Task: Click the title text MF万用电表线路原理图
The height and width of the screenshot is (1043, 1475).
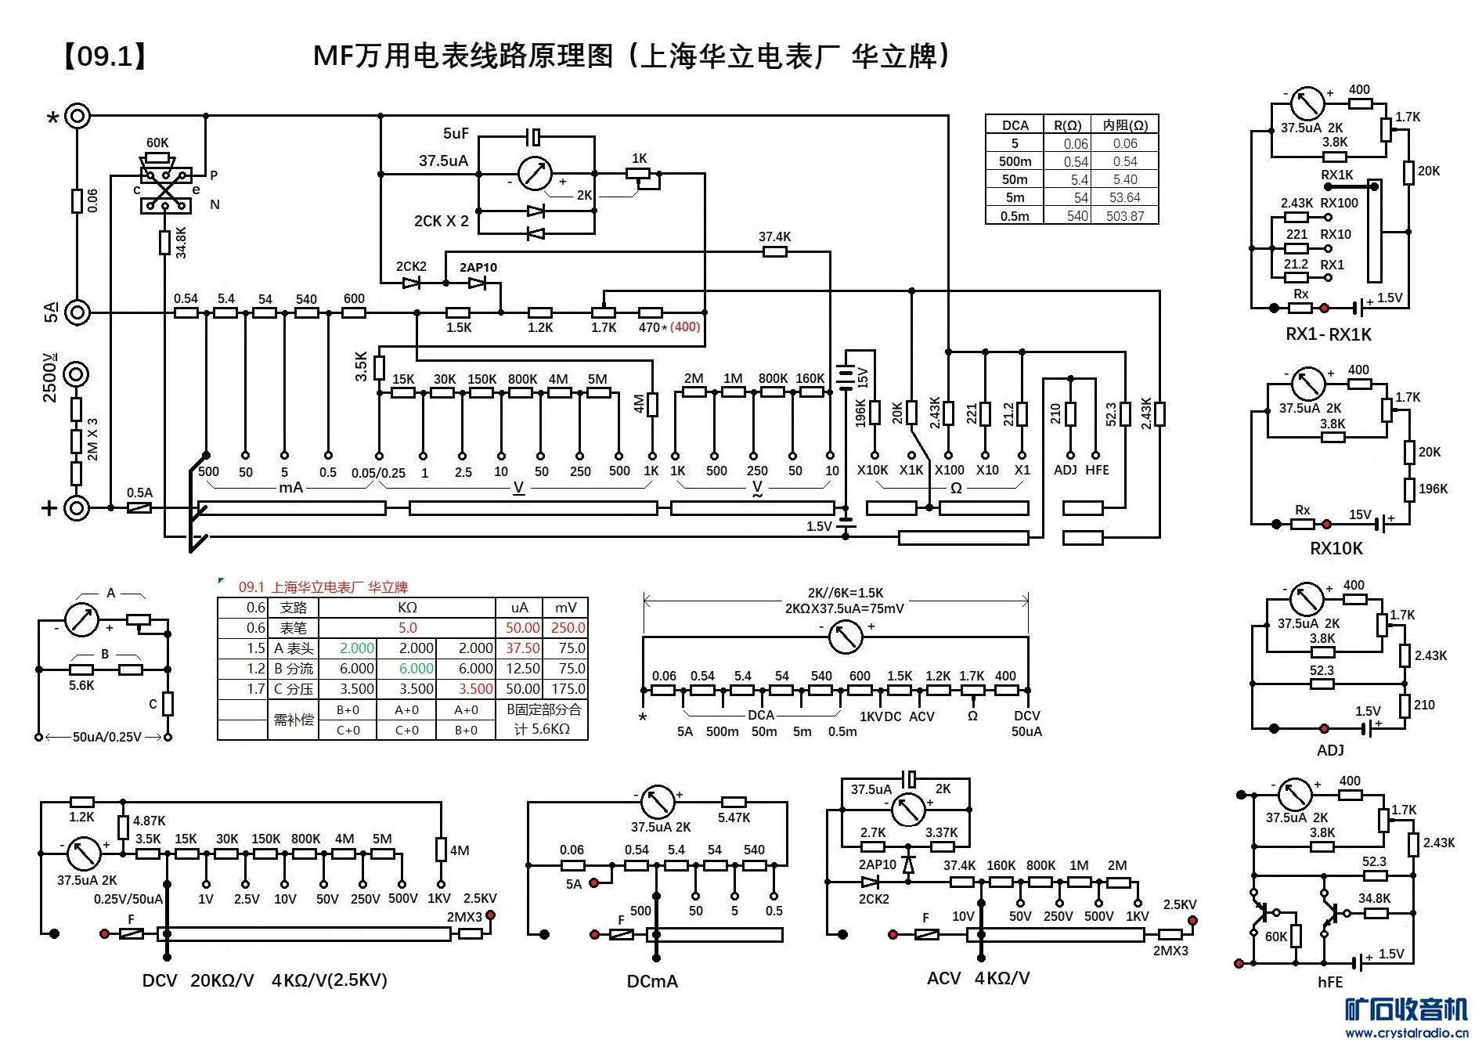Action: coord(462,56)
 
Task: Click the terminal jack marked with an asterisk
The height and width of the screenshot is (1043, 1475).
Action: coord(77,117)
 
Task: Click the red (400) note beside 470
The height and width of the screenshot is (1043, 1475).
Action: coord(685,327)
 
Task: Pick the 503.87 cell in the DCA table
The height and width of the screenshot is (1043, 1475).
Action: coord(1124,216)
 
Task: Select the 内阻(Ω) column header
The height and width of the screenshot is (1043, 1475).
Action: coord(1124,125)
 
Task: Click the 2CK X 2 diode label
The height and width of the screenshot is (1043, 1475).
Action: coord(441,222)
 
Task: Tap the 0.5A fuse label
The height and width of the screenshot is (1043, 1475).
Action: coord(139,493)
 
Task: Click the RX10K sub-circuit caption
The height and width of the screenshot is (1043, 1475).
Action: coord(1336,548)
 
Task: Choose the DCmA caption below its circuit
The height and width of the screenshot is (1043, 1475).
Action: coord(652,981)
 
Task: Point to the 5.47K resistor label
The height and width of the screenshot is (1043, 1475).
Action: coord(734,818)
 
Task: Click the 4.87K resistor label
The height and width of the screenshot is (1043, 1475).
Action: coord(149,821)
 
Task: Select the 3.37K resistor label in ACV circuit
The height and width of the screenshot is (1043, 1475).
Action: coord(941,832)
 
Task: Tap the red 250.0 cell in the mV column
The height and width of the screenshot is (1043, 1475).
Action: coord(568,628)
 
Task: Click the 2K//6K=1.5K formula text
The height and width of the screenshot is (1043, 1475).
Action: coord(845,593)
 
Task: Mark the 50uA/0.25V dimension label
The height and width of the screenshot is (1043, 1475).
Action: coord(106,737)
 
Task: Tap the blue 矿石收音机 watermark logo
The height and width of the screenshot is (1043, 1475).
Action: coord(1406,1010)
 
